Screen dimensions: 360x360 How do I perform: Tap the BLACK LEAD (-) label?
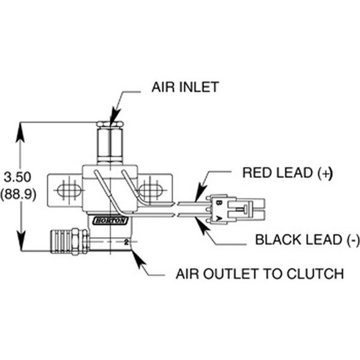click(307, 241)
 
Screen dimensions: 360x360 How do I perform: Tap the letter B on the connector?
click(220, 202)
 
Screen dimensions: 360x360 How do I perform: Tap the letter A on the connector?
click(220, 214)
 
